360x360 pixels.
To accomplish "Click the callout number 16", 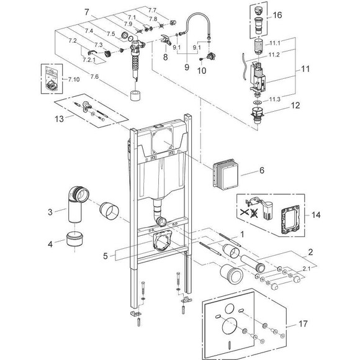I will pyautogui.click(x=277, y=14).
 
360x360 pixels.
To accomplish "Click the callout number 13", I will pyautogui.click(x=58, y=115).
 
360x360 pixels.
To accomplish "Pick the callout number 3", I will pyautogui.click(x=52, y=212).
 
